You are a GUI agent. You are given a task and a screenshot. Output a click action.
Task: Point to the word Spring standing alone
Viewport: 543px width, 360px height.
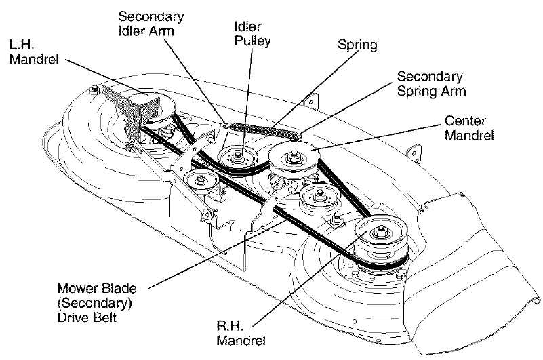[357, 45]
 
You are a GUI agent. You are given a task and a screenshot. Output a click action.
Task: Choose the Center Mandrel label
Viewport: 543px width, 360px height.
[470, 127]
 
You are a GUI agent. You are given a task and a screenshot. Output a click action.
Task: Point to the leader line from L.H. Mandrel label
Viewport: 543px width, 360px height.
[102, 75]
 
